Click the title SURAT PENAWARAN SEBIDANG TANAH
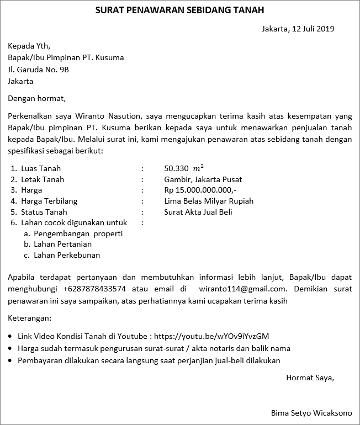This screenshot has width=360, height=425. click(179, 10)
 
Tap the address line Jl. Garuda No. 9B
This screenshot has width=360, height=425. click(38, 70)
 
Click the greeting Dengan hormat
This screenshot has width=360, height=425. click(36, 99)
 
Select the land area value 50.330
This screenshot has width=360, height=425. click(176, 168)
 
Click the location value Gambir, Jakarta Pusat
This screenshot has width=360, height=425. click(203, 179)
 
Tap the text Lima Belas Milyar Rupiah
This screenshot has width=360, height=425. click(209, 201)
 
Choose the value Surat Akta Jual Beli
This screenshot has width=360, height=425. click(198, 212)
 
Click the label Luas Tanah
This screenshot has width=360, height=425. click(41, 168)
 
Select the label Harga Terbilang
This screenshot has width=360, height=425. click(49, 201)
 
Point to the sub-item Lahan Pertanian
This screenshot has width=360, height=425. click(62, 244)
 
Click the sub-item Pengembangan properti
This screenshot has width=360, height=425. click(78, 233)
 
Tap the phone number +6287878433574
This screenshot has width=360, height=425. click(94, 288)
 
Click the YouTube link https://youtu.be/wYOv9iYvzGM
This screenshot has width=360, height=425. click(211, 336)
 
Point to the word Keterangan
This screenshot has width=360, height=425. click(29, 318)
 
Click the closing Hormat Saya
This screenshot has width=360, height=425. click(310, 378)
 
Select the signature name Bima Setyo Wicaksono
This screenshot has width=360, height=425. click(311, 413)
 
